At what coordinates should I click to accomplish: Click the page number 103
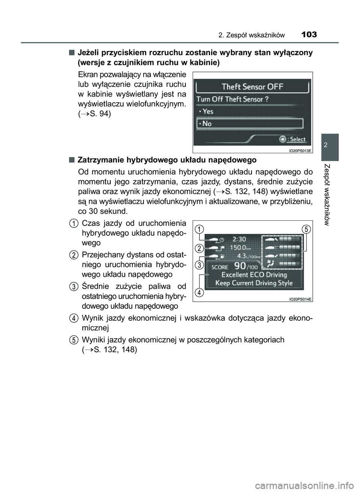click(309, 35)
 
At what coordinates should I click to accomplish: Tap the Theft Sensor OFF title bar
click(252, 87)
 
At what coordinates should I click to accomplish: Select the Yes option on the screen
click(206, 111)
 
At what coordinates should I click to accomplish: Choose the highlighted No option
click(249, 123)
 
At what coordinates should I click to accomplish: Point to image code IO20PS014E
click(300, 299)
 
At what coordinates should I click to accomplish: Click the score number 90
click(240, 266)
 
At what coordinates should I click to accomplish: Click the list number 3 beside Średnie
click(73, 287)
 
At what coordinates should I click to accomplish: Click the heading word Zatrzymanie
click(97, 160)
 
